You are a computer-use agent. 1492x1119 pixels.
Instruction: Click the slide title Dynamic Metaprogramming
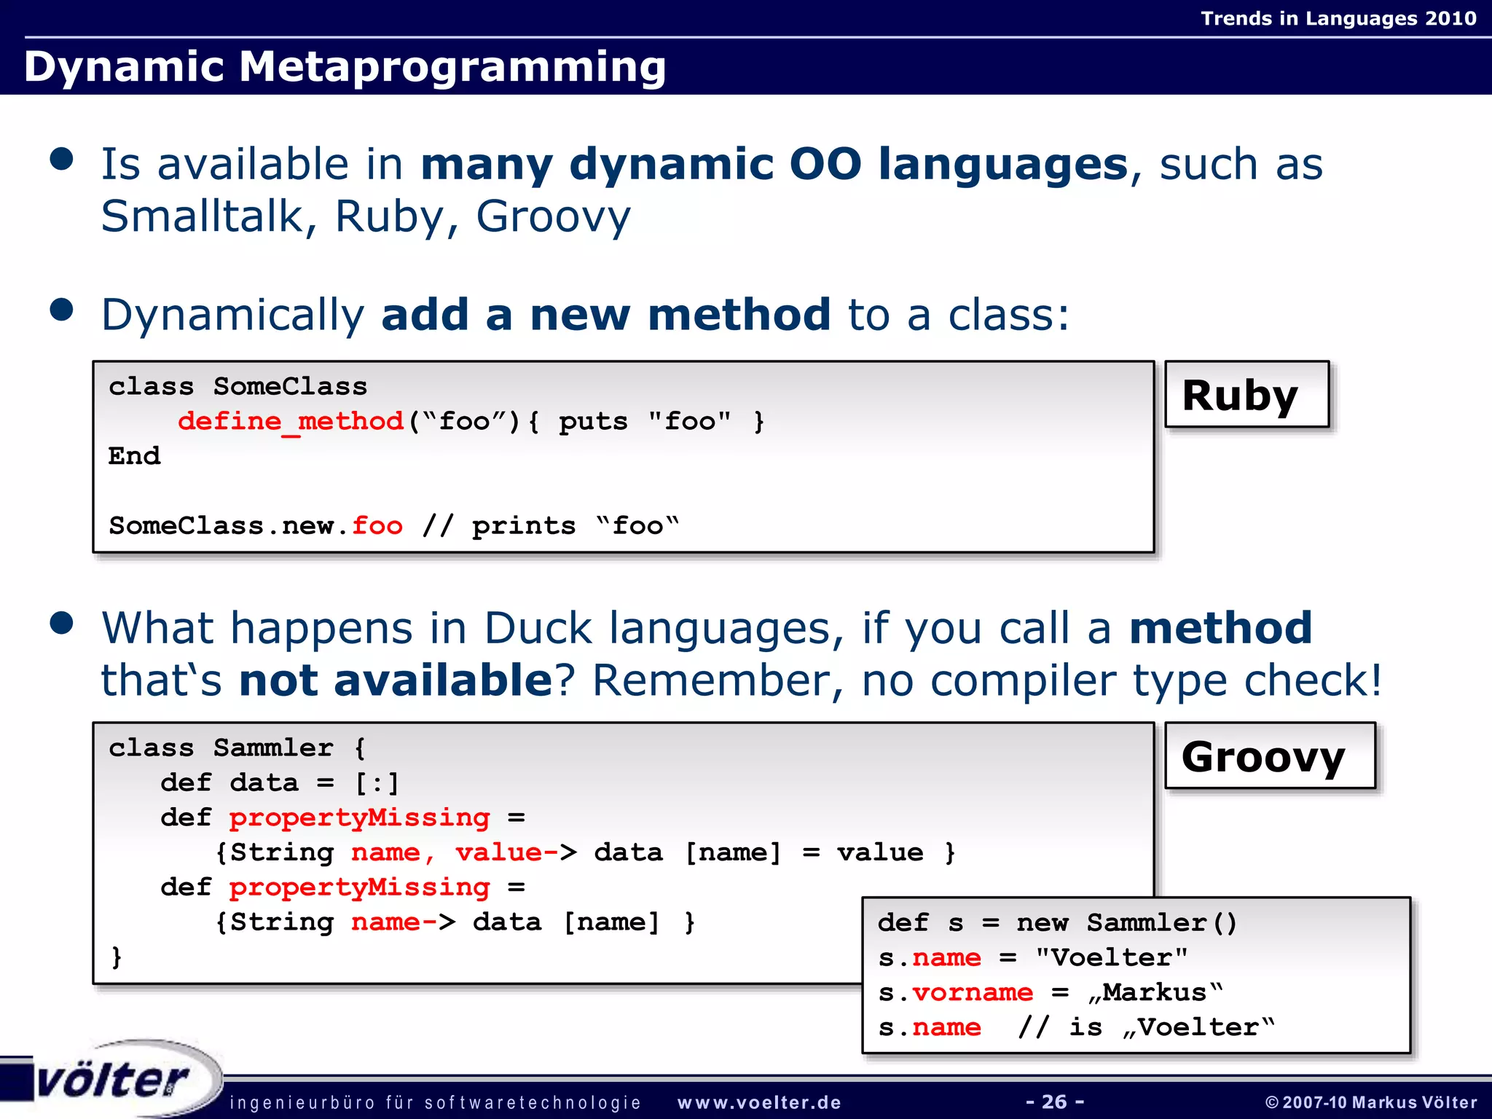345,67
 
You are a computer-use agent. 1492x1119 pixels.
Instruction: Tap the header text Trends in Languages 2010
1338,18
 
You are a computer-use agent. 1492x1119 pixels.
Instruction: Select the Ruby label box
1246,395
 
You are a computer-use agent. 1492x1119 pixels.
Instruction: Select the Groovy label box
1269,756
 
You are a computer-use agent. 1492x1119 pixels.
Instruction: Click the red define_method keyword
290,422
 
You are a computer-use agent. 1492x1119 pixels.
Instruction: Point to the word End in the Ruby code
135,456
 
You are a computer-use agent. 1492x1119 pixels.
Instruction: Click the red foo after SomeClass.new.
377,526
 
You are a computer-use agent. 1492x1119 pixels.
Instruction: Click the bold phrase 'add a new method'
605,315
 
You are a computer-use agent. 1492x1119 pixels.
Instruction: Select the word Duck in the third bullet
538,628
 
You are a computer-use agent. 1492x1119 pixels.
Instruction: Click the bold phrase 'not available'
396,680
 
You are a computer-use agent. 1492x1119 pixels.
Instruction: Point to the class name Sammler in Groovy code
273,748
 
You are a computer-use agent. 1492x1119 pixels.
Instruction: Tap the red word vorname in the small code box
972,992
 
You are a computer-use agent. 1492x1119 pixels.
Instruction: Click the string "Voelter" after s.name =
1112,957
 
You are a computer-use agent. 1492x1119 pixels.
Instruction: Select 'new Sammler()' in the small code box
1126,923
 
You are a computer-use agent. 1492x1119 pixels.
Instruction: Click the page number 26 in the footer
1054,1102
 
